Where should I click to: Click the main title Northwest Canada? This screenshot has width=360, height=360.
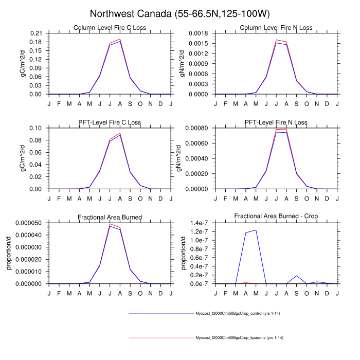pos(179,13)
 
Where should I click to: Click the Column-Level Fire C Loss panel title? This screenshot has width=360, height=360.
pos(110,27)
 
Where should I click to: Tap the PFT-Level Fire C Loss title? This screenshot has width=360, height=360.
pos(110,122)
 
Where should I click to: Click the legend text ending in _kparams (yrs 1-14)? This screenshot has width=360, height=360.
pos(240,337)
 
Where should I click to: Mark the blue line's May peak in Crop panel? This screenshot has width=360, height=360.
pos(256,230)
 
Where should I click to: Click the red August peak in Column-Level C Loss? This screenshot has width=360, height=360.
pos(120,39)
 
